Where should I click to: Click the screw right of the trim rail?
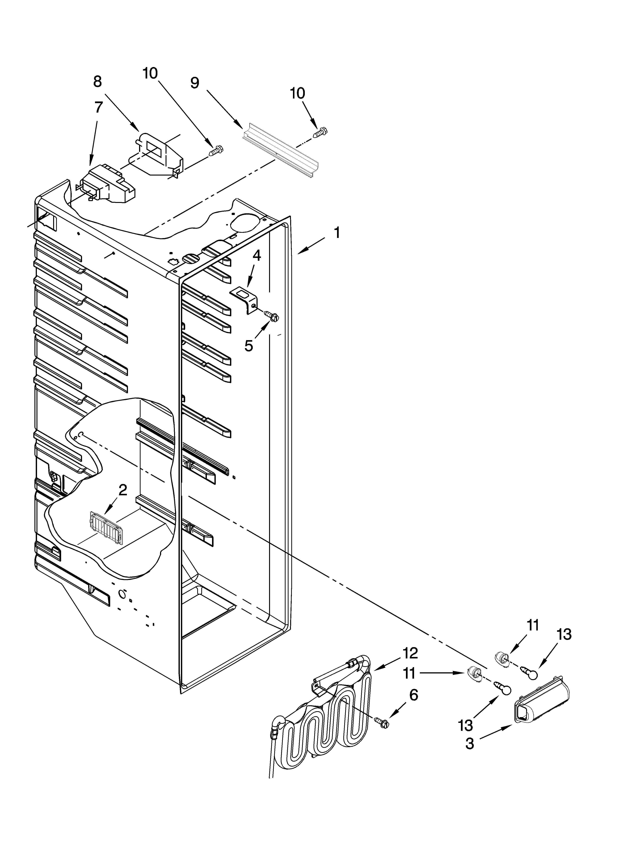pos(321,132)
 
